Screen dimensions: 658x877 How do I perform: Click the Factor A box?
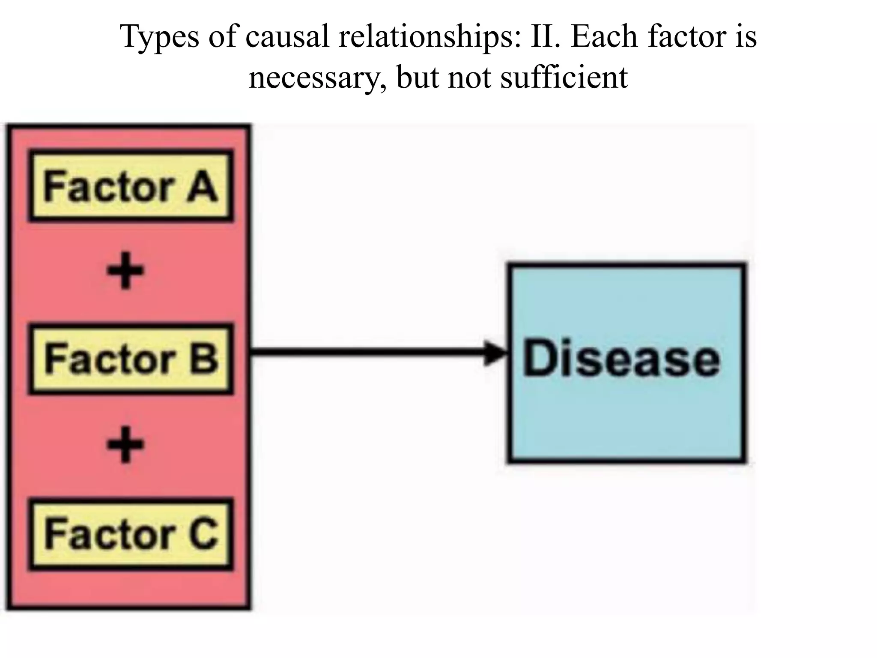click(131, 185)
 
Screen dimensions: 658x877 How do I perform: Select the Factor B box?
click(131, 359)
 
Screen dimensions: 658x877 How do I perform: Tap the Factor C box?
click(131, 534)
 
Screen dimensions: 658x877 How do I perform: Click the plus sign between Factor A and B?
click(125, 271)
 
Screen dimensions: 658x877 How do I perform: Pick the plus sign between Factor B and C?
click(125, 445)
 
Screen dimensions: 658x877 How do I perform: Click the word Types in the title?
click(160, 37)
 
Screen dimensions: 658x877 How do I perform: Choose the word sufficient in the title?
click(564, 77)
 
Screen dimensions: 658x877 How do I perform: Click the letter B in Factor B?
click(204, 359)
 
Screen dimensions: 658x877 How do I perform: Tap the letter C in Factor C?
click(203, 534)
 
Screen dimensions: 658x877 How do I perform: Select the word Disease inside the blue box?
click(621, 358)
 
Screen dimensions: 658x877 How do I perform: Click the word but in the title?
click(418, 77)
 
